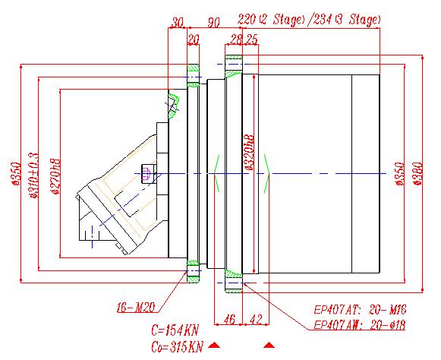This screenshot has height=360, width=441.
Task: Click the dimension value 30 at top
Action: (178, 22)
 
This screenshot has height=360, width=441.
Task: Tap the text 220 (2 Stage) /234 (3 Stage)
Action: (309, 18)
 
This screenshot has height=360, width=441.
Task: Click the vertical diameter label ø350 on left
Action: (14, 174)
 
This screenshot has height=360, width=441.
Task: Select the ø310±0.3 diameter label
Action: (33, 174)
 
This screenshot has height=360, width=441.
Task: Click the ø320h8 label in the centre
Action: (248, 152)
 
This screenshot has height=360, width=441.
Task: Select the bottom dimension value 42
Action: (255, 319)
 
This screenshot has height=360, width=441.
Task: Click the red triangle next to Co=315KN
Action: (215, 346)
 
